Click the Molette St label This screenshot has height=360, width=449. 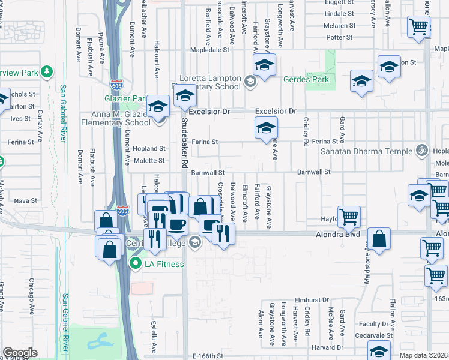click(x=152, y=161)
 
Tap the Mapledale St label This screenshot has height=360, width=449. click(x=209, y=52)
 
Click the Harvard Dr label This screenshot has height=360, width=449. click(x=328, y=347)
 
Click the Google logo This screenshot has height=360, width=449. click(x=20, y=353)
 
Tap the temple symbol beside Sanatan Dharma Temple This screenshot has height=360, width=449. click(x=422, y=151)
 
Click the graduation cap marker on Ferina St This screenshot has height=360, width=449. click(x=265, y=128)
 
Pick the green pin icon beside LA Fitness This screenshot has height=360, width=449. click(x=136, y=263)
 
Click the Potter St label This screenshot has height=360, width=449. click(x=339, y=37)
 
